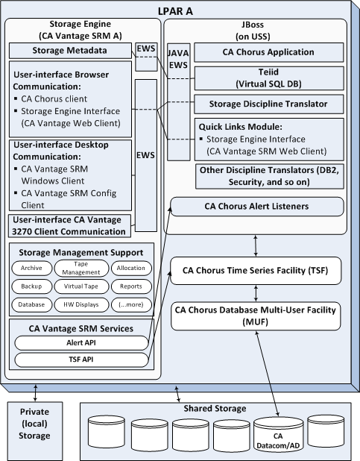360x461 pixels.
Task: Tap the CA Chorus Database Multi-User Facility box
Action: point(260,315)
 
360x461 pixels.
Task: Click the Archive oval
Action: point(31,268)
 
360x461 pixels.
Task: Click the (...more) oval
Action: point(130,304)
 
